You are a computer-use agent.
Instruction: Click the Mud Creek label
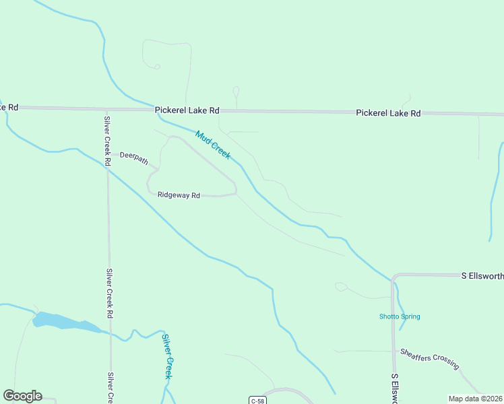[213, 145]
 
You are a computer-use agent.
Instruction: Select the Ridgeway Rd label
[179, 195]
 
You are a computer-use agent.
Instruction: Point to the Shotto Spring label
[400, 316]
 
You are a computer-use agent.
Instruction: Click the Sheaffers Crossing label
[429, 358]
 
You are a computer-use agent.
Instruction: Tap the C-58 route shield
[257, 401]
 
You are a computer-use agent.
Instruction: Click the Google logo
[22, 396]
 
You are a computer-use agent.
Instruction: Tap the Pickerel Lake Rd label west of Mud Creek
[187, 110]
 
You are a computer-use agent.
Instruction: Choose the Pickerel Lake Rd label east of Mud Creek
[388, 113]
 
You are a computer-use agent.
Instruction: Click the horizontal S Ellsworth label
[482, 276]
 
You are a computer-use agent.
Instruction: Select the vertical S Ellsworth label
[394, 387]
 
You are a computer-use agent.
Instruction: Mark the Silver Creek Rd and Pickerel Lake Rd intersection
[106, 108]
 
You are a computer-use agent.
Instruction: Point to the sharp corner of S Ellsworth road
[393, 276]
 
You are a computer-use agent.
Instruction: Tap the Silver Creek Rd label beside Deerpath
[106, 141]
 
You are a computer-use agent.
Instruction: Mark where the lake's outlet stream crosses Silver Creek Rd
[110, 333]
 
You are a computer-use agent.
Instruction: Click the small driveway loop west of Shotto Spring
[341, 287]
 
